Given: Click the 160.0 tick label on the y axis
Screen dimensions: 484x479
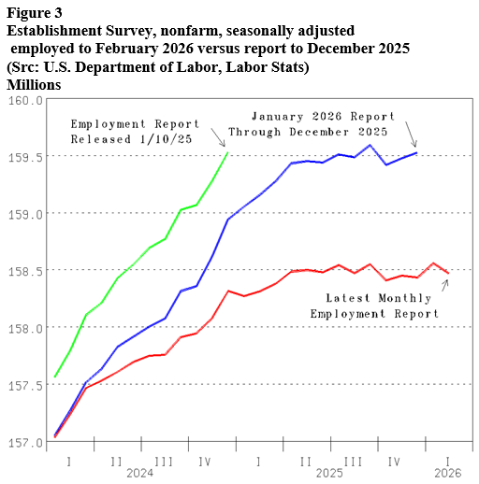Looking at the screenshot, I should tap(22, 99).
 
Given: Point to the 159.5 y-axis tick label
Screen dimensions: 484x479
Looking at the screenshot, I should tap(22, 156).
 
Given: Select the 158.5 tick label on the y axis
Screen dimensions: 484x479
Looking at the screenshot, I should tap(22, 270).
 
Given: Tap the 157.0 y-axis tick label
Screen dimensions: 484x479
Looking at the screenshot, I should tap(22, 441).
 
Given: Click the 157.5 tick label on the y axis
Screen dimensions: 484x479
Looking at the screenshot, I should tap(22, 384).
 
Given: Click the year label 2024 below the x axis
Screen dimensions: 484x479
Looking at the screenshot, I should tap(139, 473).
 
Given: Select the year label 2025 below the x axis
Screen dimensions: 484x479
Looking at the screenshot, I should tap(329, 473).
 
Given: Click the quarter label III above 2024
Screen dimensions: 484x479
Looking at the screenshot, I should tap(163, 461).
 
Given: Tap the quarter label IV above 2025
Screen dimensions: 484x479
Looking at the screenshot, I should tap(394, 461).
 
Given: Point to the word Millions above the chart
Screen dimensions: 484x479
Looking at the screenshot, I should tap(34, 84).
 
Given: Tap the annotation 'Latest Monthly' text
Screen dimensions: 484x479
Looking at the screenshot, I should tap(378, 298).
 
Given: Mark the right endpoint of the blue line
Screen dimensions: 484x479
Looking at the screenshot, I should tap(416, 152).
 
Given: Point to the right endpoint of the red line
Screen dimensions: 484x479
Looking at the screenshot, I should tap(448, 273).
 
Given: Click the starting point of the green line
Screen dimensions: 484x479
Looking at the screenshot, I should tap(56, 377).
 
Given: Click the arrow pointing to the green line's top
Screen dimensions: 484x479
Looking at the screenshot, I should tap(216, 137).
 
